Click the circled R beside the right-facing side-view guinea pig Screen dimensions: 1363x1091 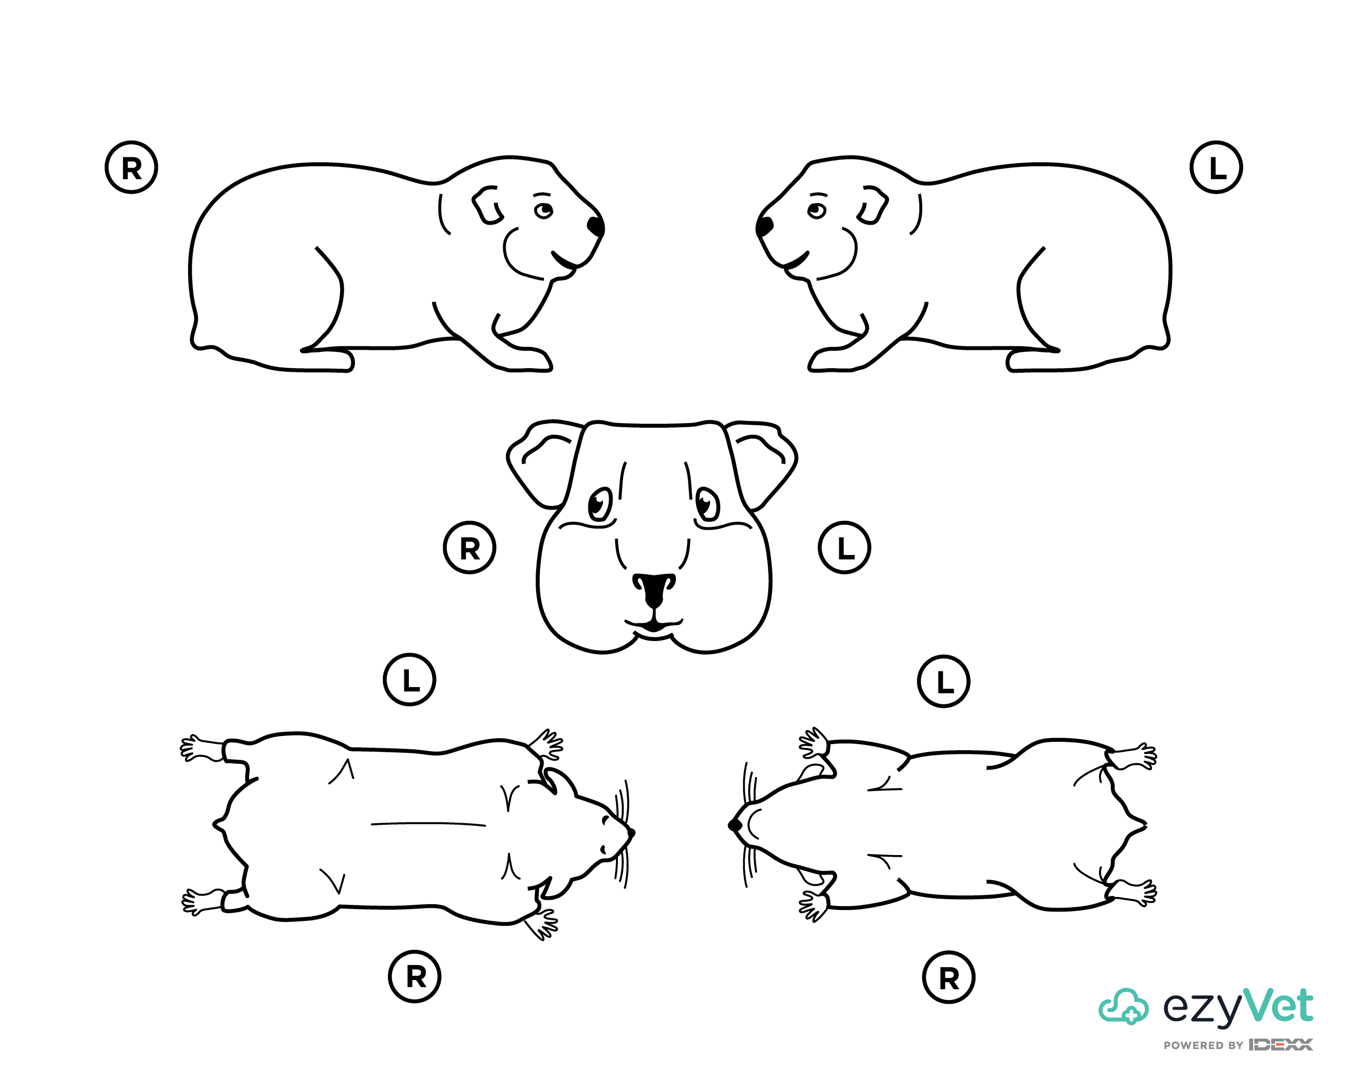(x=131, y=168)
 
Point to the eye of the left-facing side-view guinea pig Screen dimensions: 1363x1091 (x=816, y=210)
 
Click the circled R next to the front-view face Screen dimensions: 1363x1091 (x=470, y=548)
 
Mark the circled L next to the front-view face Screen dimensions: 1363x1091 (x=845, y=548)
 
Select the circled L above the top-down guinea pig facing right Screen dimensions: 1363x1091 (x=410, y=680)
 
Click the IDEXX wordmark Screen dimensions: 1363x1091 (x=1281, y=1045)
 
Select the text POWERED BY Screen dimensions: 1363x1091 (x=1204, y=1046)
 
